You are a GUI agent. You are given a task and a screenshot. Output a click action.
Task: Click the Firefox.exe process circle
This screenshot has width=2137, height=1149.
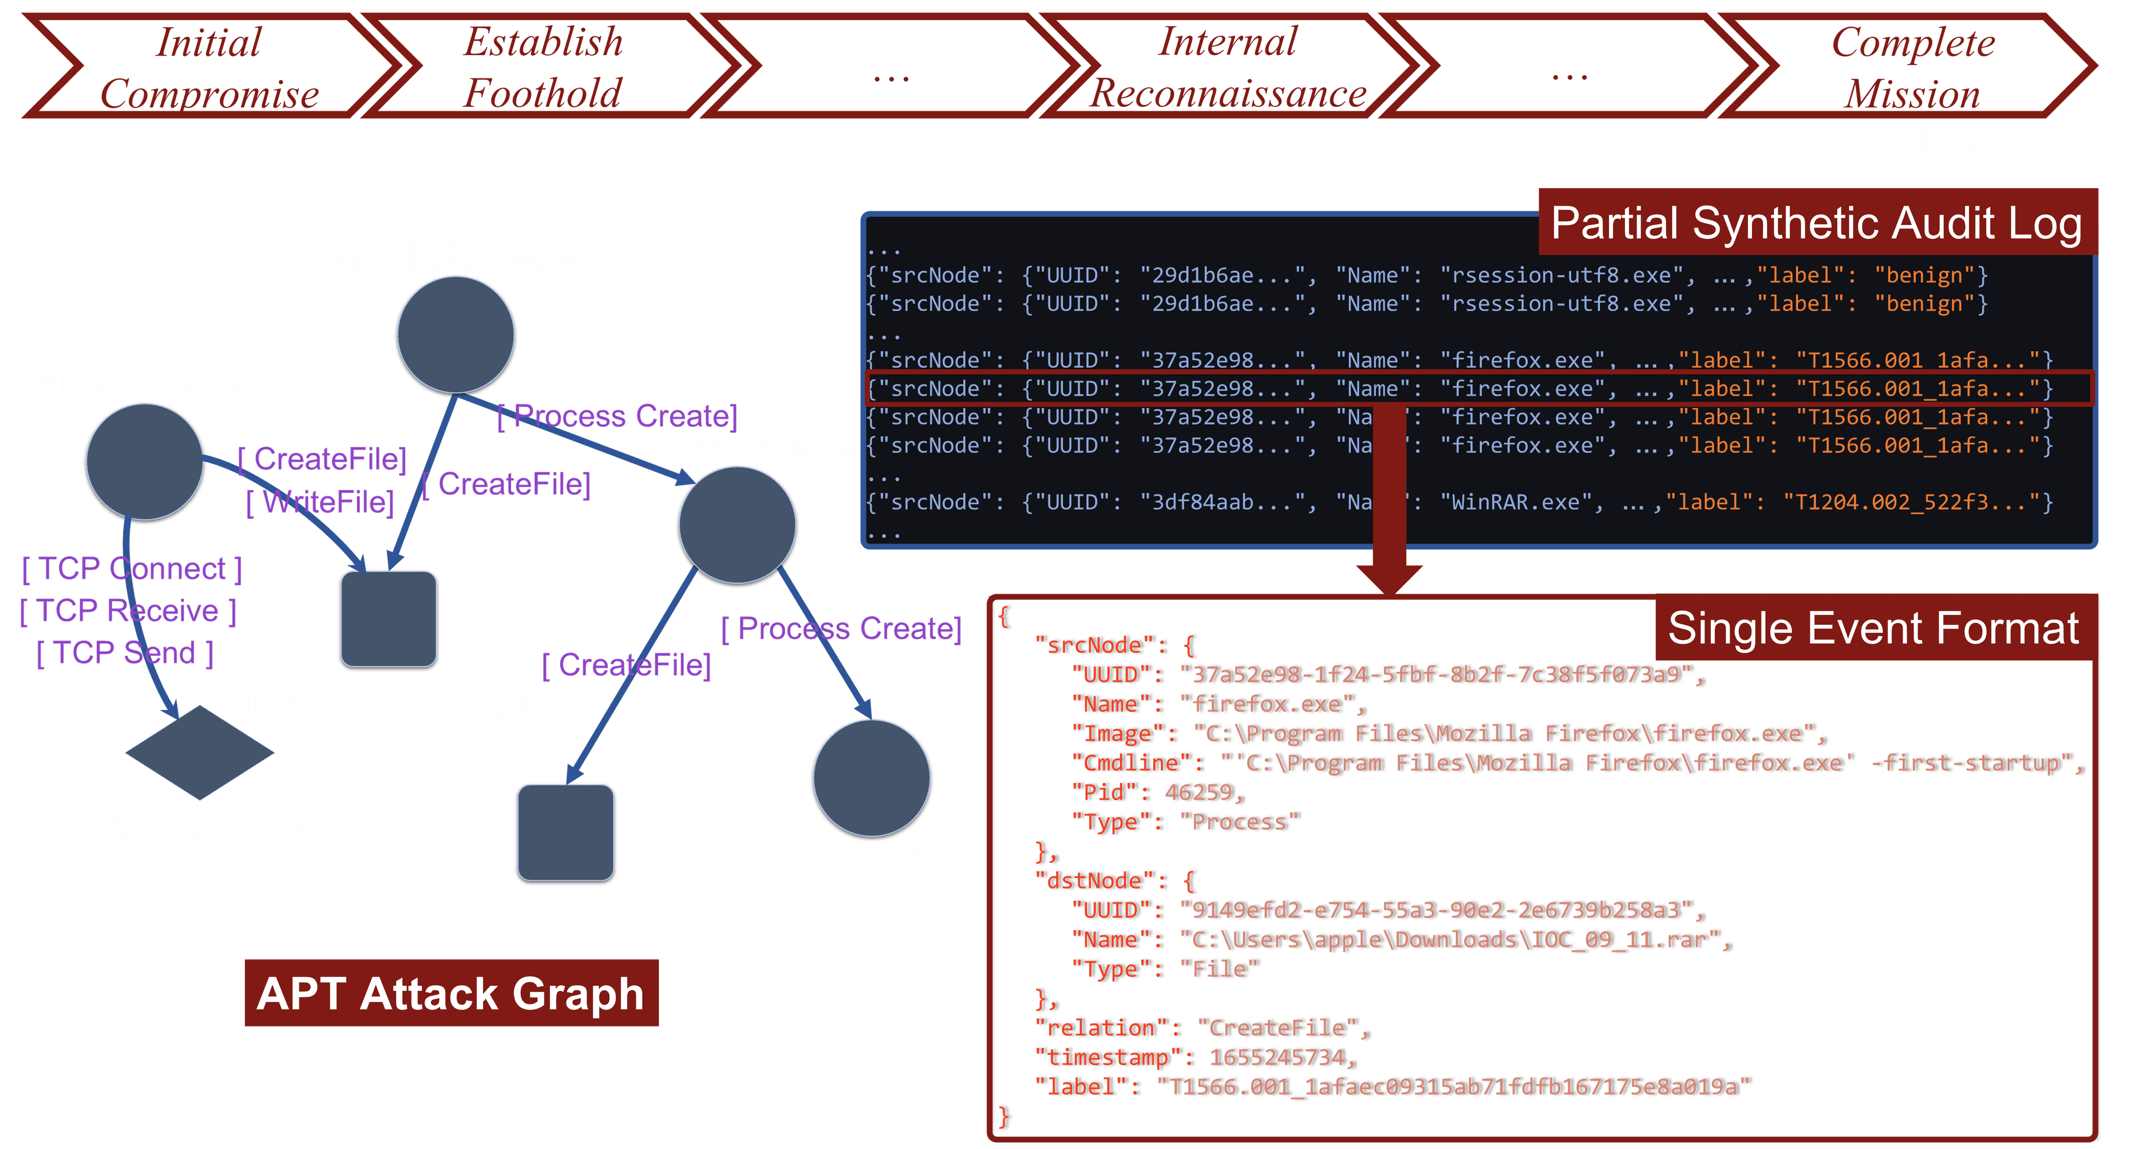pos(145,462)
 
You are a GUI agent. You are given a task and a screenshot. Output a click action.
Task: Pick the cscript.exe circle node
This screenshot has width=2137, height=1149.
pos(872,778)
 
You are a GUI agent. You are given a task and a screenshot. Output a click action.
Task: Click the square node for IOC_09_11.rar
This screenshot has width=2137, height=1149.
pos(388,619)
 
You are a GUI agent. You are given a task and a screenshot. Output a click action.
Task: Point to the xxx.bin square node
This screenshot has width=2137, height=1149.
pos(566,832)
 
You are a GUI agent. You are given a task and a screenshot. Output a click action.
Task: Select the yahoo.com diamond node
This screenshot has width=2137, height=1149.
pos(200,752)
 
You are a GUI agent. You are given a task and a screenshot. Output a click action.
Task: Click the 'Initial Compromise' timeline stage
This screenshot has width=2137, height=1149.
pos(209,66)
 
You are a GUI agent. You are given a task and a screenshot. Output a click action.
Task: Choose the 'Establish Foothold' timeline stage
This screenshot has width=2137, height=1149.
pos(543,66)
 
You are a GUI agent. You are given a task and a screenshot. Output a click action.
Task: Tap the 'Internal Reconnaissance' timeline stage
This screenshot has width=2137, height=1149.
pos(1228,66)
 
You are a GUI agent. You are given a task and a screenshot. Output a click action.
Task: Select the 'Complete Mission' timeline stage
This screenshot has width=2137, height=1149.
pos(1912,66)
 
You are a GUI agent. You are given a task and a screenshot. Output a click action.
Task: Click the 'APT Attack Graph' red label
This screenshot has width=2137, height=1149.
pos(451,993)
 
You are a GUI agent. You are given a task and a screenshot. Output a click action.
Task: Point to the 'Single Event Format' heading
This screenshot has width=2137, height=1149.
pos(1873,628)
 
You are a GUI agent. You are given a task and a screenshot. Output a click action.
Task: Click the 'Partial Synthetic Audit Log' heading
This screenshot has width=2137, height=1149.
pos(1817,223)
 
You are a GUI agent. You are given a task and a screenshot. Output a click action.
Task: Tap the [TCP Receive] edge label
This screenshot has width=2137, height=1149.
pos(129,610)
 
